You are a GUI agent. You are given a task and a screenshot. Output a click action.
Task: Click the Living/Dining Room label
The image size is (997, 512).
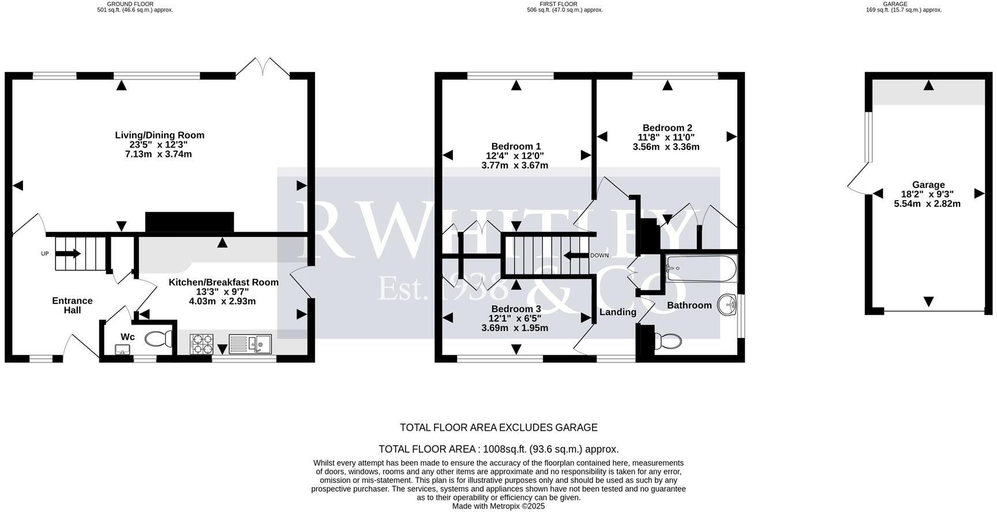click(x=159, y=135)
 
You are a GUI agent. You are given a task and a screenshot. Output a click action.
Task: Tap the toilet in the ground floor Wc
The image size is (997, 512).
click(x=157, y=338)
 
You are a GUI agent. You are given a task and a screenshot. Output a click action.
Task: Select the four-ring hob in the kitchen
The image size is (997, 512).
click(x=201, y=344)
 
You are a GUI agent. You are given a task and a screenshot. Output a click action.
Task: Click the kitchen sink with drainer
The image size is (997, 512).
click(x=251, y=344)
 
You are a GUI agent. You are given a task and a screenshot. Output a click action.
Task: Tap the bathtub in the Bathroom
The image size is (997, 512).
click(x=700, y=269)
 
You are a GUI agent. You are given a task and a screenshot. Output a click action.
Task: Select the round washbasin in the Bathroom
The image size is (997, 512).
click(x=727, y=306)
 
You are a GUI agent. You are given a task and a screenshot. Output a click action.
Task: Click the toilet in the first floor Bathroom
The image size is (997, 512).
click(x=667, y=341)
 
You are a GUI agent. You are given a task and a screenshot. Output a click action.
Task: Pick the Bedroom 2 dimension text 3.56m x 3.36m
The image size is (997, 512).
click(x=666, y=147)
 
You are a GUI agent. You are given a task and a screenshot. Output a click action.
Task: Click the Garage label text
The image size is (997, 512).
click(x=928, y=185)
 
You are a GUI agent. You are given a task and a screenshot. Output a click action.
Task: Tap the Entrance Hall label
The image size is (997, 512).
click(x=72, y=305)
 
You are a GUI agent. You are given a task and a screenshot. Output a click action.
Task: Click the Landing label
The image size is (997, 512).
click(x=617, y=312)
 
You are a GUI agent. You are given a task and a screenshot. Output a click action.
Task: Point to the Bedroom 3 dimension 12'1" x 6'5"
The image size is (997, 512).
click(x=515, y=318)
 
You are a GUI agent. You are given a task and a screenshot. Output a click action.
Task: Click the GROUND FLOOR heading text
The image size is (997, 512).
click(x=130, y=4)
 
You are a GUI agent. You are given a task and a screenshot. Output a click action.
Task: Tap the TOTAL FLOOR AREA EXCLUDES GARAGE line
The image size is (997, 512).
click(x=498, y=427)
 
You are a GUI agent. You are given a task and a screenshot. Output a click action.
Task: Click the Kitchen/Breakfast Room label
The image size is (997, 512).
click(x=223, y=283)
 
